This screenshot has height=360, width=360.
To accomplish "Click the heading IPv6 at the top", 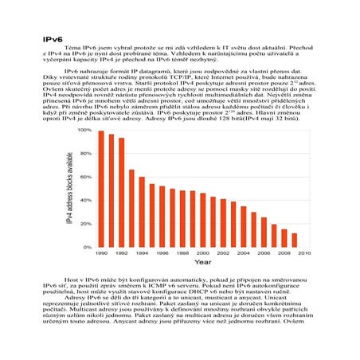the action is [53, 38].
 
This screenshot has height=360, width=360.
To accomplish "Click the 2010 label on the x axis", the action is [304, 253].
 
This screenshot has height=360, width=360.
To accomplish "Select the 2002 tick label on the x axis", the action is [223, 253].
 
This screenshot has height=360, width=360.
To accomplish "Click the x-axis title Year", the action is [203, 263].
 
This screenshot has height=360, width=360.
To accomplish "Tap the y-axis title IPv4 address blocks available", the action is [70, 188].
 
